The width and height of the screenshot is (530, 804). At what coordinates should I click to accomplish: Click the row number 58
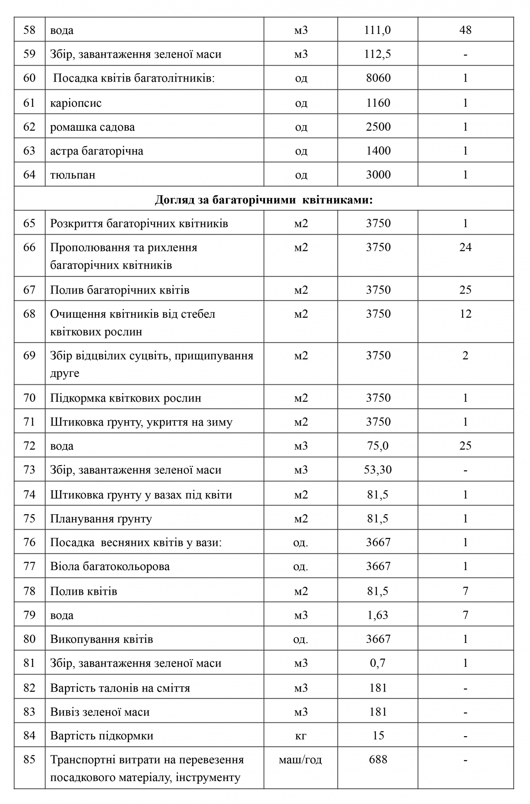tap(29, 30)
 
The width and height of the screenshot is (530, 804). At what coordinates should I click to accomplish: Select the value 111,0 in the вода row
tap(377, 30)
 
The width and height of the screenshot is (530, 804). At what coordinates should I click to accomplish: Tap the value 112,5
tap(377, 54)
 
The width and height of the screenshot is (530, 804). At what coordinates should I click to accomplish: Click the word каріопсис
tap(76, 103)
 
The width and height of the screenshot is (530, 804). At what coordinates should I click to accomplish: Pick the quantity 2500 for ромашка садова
tap(378, 127)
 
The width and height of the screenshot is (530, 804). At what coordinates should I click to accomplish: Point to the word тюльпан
tap(72, 175)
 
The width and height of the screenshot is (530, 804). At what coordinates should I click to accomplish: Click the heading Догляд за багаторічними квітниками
tap(264, 200)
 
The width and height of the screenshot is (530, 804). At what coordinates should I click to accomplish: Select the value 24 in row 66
tap(465, 247)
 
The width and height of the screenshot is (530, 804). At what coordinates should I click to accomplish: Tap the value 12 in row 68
tap(465, 314)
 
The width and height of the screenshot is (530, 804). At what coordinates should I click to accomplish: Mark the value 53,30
tap(377, 470)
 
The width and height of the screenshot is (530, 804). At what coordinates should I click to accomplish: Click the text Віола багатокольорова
tap(110, 567)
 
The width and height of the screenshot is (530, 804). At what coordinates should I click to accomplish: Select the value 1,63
tap(377, 615)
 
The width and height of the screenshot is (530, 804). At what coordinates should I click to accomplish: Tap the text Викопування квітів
tap(101, 639)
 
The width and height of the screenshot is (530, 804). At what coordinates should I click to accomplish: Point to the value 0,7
tap(377, 663)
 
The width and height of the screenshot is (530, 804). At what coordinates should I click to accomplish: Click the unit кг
tap(301, 736)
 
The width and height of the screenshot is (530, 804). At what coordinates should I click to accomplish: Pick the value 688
tap(378, 760)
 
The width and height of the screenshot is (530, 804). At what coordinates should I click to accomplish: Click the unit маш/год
tap(300, 760)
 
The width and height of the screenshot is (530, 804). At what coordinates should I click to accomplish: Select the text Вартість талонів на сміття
tap(120, 688)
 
